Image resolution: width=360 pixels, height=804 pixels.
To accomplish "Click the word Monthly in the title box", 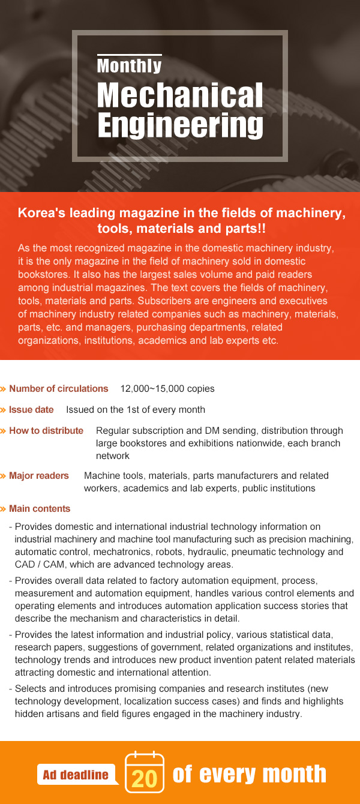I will pyautogui.click(x=129, y=65).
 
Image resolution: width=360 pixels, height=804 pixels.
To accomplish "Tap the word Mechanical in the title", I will pyautogui.click(x=180, y=96).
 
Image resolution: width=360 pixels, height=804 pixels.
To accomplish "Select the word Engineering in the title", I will pyautogui.click(x=180, y=126).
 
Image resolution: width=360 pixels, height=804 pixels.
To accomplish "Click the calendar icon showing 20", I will pyautogui.click(x=144, y=772).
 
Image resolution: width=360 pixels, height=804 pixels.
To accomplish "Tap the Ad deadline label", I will pyautogui.click(x=76, y=775).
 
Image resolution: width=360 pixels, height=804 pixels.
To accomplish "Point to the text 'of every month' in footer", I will pyautogui.click(x=250, y=774).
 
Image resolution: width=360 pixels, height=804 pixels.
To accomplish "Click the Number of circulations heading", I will pyautogui.click(x=58, y=389).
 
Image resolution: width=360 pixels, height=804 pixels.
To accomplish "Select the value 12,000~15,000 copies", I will pyautogui.click(x=167, y=389).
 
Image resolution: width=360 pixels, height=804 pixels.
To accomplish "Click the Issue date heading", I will pyautogui.click(x=31, y=410).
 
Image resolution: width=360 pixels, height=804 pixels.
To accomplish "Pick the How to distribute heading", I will pyautogui.click(x=46, y=431).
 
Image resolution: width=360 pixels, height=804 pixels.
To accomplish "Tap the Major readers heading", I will pyautogui.click(x=39, y=476).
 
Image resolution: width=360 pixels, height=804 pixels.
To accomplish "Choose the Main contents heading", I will pyautogui.click(x=40, y=509).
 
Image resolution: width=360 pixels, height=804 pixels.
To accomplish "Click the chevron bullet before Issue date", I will pyautogui.click(x=4, y=410).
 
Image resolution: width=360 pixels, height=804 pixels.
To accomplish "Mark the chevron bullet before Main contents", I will pyautogui.click(x=4, y=509).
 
